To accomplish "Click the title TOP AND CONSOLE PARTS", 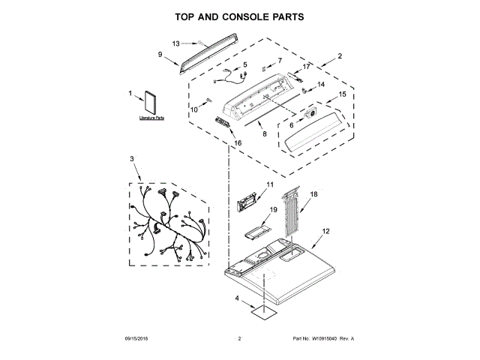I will (x=240, y=16).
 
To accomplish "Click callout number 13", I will (x=176, y=43).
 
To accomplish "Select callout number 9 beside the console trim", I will (x=160, y=54).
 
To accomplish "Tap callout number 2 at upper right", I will (x=340, y=56).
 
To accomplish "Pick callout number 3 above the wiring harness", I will (x=132, y=159).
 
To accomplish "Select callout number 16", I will (x=238, y=142).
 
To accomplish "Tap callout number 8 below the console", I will (x=263, y=134).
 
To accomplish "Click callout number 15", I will (x=342, y=94).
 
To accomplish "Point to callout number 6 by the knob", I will (x=292, y=125).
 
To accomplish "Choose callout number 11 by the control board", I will (x=270, y=184).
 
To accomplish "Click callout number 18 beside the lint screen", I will (x=314, y=194).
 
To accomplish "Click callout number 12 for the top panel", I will (x=325, y=232).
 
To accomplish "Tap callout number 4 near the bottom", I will (x=238, y=300).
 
